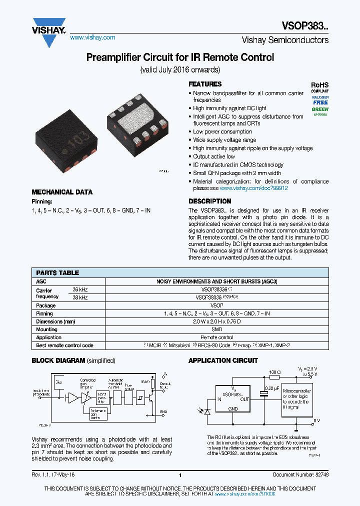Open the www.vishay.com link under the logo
pos(92,37)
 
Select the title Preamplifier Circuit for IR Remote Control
pos(180,57)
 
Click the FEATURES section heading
pos(205,84)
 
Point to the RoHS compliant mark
pos(320,88)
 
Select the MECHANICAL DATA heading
pos(62,192)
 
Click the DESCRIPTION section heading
pos(209,201)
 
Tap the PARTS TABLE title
pos(57,273)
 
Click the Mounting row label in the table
pos(47,329)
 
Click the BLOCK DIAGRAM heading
pos(58,360)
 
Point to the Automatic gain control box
pos(98,414)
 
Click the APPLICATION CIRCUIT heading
pos(223,360)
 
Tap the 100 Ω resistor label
pos(274,372)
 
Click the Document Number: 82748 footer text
pos(300,474)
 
